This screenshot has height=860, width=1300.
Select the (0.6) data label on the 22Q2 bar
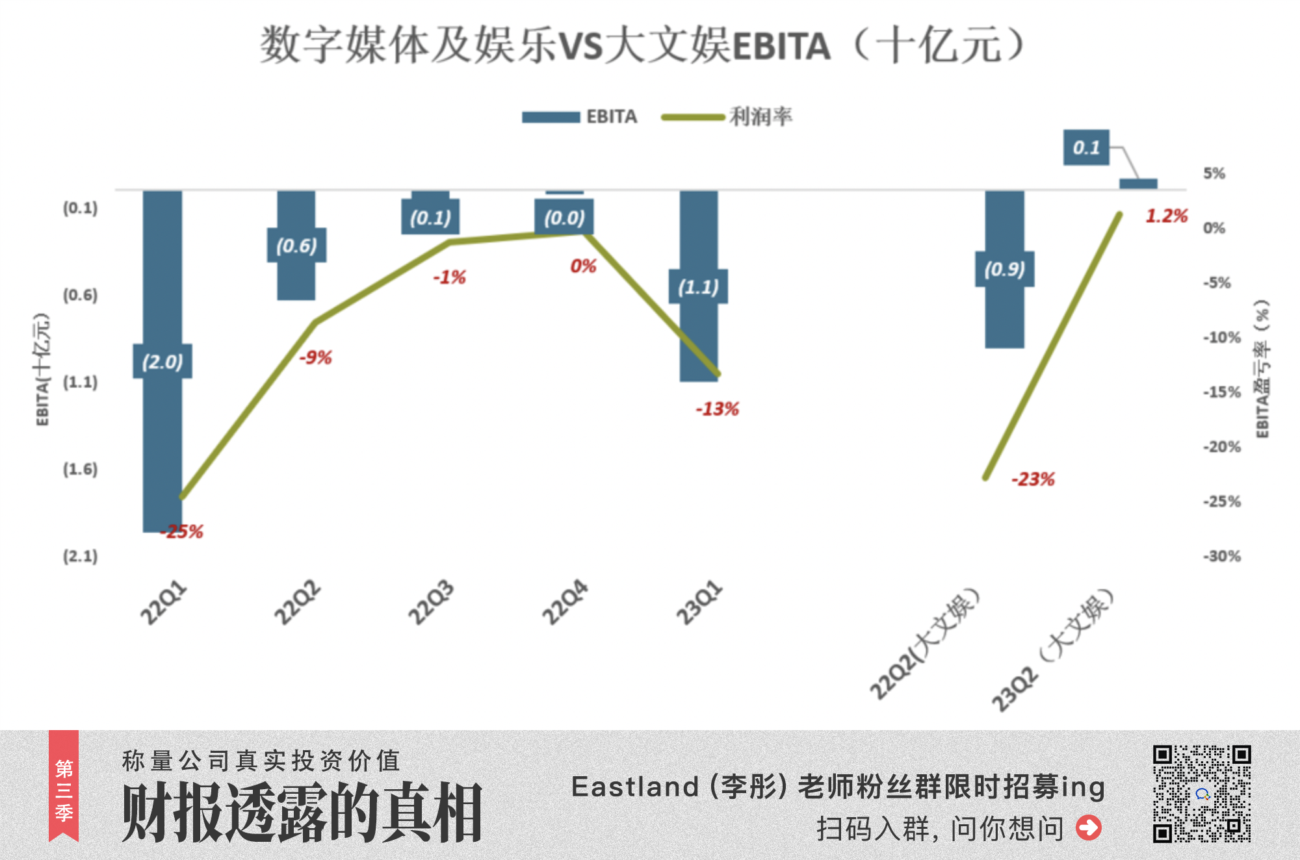[296, 246]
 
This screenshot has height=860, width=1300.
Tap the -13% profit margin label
[717, 409]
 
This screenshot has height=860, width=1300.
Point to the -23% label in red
[1033, 479]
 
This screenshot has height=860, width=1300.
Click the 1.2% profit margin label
[1166, 216]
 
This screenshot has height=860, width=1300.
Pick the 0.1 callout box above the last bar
[1086, 147]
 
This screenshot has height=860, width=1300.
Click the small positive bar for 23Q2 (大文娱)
[1138, 184]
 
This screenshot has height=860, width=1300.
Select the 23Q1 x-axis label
[699, 603]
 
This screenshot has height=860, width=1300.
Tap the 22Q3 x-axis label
[430, 603]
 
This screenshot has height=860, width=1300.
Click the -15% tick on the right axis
[1221, 392]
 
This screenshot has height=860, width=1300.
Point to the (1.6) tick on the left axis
[80, 469]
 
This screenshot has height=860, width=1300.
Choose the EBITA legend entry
[580, 117]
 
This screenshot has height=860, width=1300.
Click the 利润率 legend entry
[727, 117]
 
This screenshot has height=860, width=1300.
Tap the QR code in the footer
[1202, 793]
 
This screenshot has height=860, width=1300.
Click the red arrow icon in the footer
[1089, 828]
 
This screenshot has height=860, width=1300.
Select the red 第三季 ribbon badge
[64, 786]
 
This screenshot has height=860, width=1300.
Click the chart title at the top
[642, 45]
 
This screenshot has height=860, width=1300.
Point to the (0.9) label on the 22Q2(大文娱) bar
[1004, 269]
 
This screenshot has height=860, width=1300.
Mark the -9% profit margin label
[315, 357]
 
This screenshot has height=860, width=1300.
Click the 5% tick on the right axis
[1214, 173]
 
